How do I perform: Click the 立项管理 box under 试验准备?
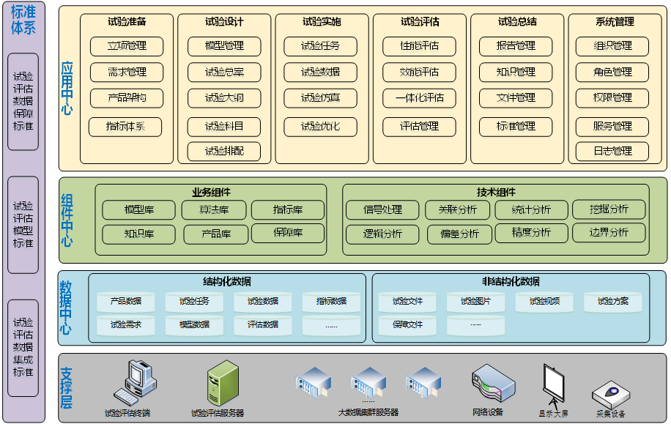click(127, 46)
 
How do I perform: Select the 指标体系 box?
click(125, 127)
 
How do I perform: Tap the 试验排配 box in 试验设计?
click(224, 152)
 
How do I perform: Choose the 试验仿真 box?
click(320, 98)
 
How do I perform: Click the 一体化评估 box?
click(418, 98)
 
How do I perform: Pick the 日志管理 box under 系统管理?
click(613, 152)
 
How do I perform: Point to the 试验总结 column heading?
click(516, 22)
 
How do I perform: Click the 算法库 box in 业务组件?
click(214, 210)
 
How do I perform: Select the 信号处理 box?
click(382, 210)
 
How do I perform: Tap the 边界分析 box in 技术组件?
click(609, 233)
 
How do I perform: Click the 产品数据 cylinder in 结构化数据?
click(126, 301)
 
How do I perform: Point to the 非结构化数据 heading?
click(511, 281)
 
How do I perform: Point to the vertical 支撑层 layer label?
click(67, 387)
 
